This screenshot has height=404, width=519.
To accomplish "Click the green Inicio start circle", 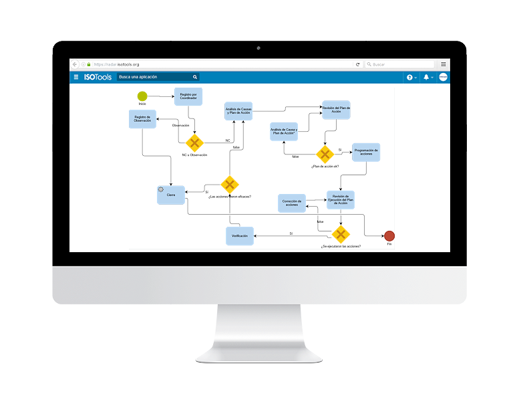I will click(x=142, y=96).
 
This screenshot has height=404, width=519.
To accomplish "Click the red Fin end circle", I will click(x=389, y=235).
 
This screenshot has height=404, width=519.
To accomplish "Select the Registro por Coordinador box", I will click(x=188, y=96).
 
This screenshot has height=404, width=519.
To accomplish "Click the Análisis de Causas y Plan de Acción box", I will click(x=238, y=110).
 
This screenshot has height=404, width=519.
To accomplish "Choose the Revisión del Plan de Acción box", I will click(x=336, y=110).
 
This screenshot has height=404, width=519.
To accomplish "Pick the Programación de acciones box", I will click(x=366, y=152).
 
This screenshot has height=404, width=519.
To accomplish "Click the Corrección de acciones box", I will click(x=291, y=203).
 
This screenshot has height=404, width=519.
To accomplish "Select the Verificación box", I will click(x=240, y=236).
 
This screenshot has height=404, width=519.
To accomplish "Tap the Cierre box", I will click(x=171, y=195).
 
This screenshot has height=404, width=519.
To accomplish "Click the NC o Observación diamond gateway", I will click(x=194, y=142).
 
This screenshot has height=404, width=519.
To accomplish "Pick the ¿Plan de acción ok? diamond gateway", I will click(x=325, y=155).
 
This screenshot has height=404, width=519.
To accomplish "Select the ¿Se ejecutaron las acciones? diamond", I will click(x=341, y=234).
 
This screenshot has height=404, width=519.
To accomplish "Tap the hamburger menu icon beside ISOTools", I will click(x=76, y=77).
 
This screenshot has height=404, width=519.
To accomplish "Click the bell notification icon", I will click(x=426, y=77).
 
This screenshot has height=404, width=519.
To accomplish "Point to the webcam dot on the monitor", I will click(x=259, y=49).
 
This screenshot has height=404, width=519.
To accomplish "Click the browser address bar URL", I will click(x=117, y=64).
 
